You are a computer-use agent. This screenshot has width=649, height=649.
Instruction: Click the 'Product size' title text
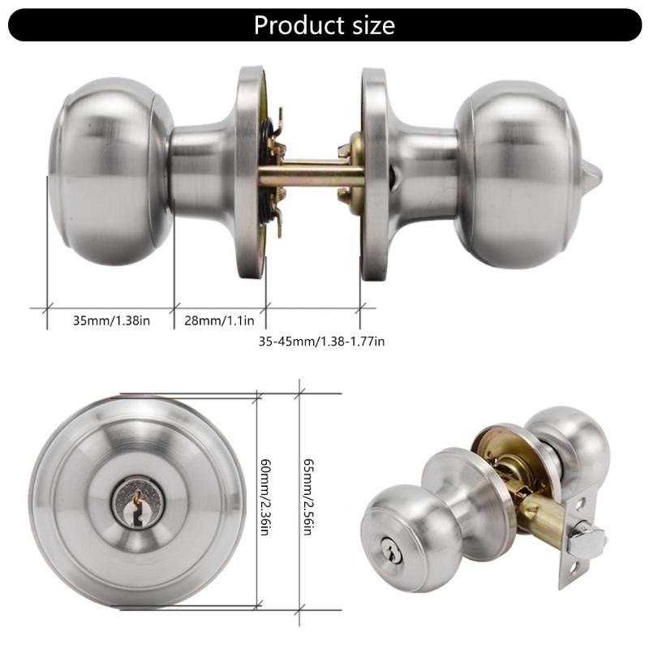[x=324, y=24]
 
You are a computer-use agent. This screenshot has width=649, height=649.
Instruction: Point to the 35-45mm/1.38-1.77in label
[x=321, y=342]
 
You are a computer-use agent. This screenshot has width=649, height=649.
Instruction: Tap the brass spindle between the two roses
[x=312, y=174]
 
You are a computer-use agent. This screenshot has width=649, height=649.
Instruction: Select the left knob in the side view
[x=110, y=173]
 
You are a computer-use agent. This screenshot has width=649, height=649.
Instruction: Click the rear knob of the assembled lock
[x=568, y=442]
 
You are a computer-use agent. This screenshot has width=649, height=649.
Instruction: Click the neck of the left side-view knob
[x=201, y=173]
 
